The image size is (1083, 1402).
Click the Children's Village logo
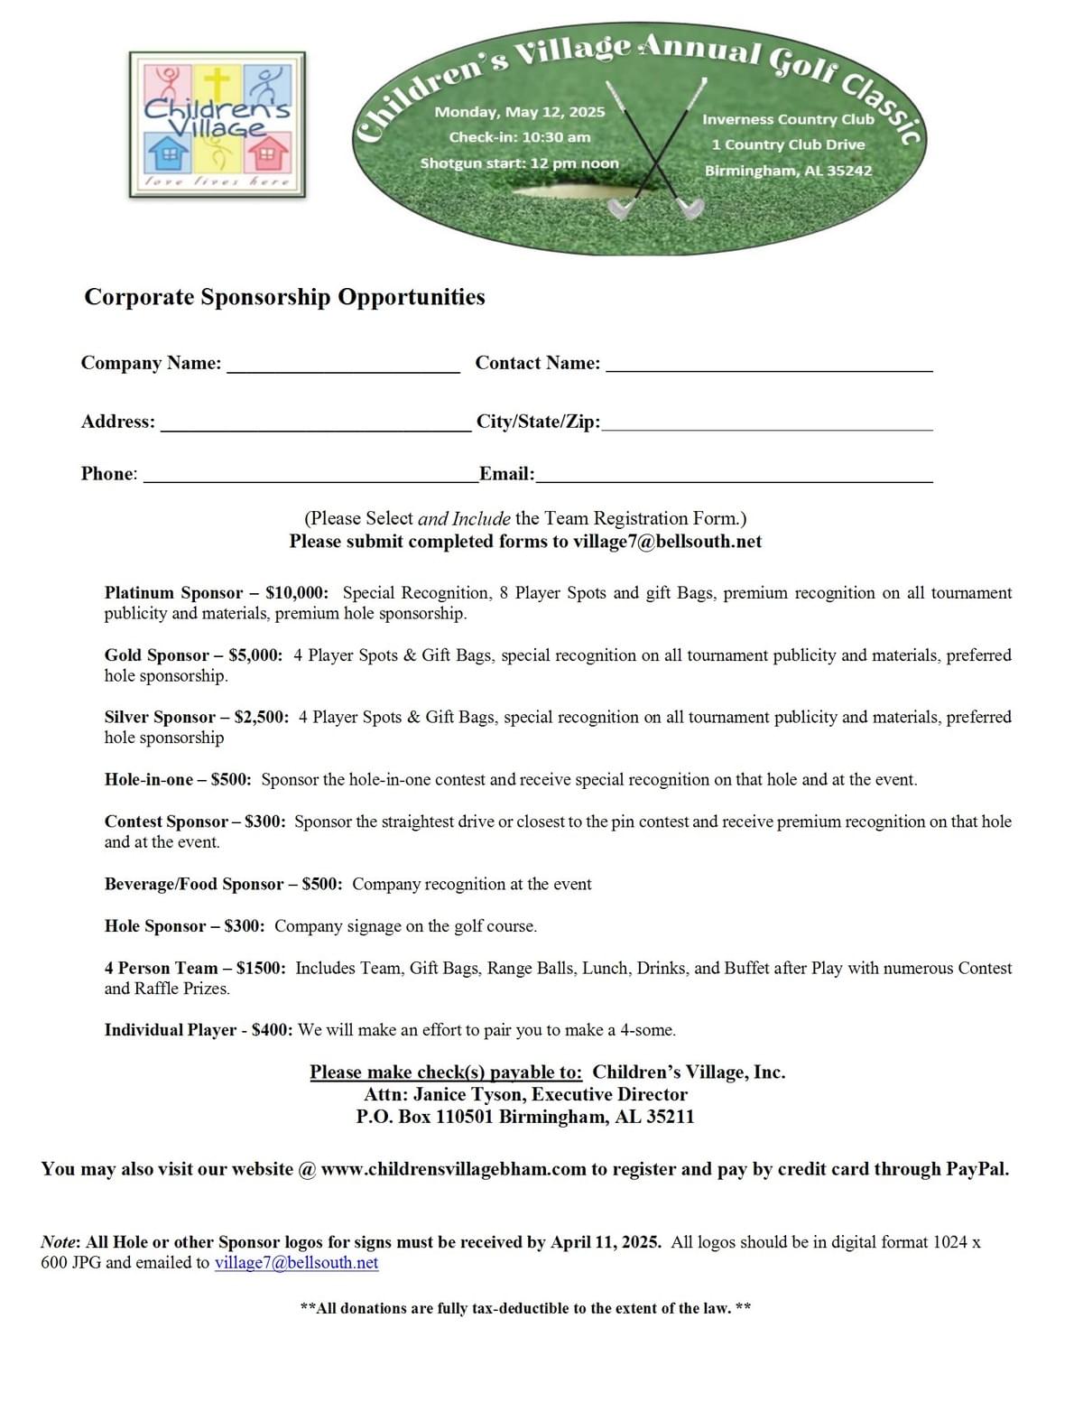pyautogui.click(x=217, y=125)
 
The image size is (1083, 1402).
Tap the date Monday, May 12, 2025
pyautogui.click(x=520, y=112)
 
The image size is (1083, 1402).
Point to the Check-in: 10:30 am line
pyautogui.click(x=520, y=137)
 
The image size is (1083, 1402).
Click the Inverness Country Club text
pyautogui.click(x=788, y=119)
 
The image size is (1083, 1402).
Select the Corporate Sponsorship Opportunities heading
pyautogui.click(x=284, y=297)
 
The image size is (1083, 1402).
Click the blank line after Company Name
pyautogui.click(x=343, y=366)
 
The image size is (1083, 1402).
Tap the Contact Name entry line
pyautogui.click(x=769, y=366)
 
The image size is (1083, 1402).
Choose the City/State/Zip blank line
pyautogui.click(x=767, y=424)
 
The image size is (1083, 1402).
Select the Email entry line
pyautogui.click(x=734, y=477)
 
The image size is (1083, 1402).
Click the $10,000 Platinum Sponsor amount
pyautogui.click(x=296, y=593)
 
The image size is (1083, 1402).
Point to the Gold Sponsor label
pyautogui.click(x=156, y=655)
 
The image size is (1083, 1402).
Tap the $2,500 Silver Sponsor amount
pyautogui.click(x=261, y=718)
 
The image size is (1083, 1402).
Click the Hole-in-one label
pyautogui.click(x=148, y=780)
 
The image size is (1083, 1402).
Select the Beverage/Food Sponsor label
pyautogui.click(x=193, y=885)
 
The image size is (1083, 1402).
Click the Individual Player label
pyautogui.click(x=170, y=1030)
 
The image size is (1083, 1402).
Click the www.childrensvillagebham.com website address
pyautogui.click(x=453, y=1169)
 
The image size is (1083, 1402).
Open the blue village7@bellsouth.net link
pyautogui.click(x=296, y=1263)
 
